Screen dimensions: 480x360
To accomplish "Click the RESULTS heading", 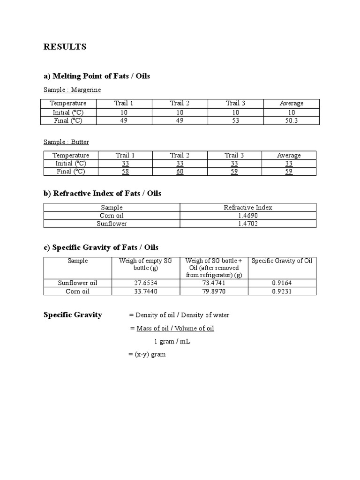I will (65, 47).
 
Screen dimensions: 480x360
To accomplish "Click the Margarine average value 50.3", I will (292, 121).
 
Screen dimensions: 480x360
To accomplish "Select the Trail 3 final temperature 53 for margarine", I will (235, 121).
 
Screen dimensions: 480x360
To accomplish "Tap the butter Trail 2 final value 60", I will (180, 172).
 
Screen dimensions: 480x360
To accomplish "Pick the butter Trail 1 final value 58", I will (125, 172).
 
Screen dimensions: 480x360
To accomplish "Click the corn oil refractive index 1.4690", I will (248, 216).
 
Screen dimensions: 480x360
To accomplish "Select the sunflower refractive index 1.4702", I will (248, 224).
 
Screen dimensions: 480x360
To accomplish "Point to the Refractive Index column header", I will (248, 207).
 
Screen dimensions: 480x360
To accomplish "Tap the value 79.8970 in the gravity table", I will (214, 291).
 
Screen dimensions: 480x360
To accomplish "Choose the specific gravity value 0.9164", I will (282, 283).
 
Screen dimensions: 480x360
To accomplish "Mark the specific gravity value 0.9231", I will (282, 291).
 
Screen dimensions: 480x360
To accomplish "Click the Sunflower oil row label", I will (78, 283).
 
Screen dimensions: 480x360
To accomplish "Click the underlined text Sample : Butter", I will (66, 142).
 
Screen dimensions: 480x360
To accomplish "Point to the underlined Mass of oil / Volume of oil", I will (175, 328).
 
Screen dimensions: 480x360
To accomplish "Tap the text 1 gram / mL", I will (172, 341).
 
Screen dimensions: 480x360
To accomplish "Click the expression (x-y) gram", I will (147, 354).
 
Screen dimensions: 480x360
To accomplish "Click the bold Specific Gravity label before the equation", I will (73, 315).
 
